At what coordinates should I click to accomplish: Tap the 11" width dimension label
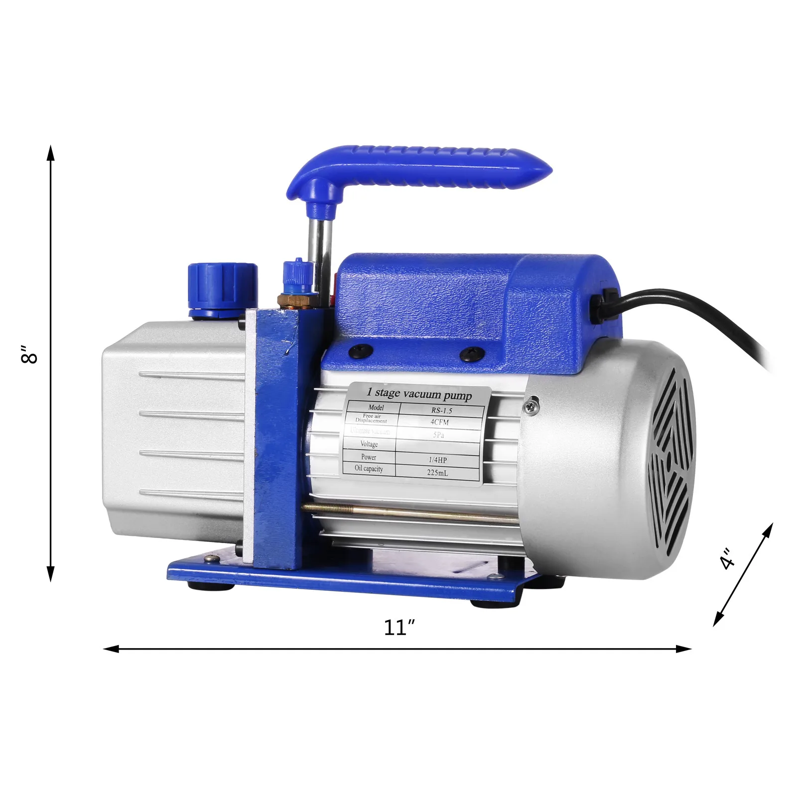[399, 627]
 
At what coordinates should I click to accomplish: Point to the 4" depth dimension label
[728, 558]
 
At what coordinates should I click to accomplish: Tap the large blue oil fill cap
[223, 289]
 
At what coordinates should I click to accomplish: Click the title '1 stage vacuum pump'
[419, 394]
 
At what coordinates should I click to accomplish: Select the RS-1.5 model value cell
[441, 411]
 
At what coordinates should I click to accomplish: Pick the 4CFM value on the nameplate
[440, 422]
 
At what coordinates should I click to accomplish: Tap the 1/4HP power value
[437, 460]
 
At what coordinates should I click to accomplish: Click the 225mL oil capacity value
[437, 472]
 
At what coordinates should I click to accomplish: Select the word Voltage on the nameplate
[369, 444]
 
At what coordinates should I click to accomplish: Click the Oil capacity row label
[369, 469]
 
